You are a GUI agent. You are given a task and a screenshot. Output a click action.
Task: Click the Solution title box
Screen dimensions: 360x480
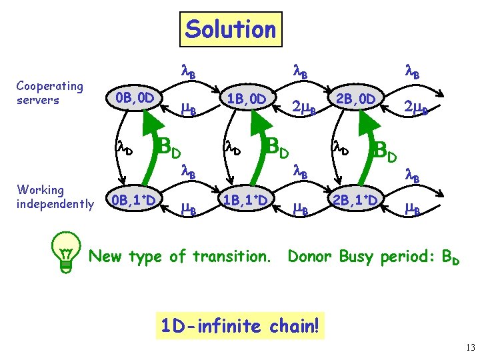coord(230,29)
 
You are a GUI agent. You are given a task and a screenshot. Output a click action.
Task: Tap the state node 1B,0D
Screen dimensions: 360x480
coord(246,99)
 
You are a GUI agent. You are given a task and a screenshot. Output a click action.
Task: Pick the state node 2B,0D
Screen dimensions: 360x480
coord(357,99)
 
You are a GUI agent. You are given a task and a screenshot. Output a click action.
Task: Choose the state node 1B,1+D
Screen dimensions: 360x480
coord(246,200)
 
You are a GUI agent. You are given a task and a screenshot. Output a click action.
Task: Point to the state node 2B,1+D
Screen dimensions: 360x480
coord(357,200)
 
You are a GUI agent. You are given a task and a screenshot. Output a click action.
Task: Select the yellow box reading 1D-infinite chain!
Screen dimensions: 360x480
coord(240,326)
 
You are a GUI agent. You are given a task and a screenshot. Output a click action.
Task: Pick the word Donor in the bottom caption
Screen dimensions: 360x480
coord(310,255)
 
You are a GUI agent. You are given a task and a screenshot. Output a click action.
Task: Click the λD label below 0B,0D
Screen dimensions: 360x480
coord(125,148)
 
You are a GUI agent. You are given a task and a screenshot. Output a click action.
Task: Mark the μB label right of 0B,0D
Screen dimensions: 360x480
coord(189,110)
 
